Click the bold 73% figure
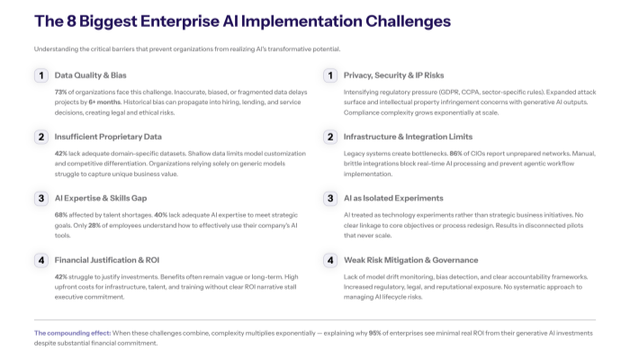pyautogui.click(x=62, y=93)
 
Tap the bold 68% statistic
pyautogui.click(x=62, y=215)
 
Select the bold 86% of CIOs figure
pyautogui.click(x=473, y=154)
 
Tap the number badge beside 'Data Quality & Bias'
pyautogui.click(x=41, y=76)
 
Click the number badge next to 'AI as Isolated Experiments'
pyautogui.click(x=330, y=198)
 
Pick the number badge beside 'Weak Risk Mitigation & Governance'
pyautogui.click(x=330, y=259)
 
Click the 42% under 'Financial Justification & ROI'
pyautogui.click(x=62, y=276)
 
